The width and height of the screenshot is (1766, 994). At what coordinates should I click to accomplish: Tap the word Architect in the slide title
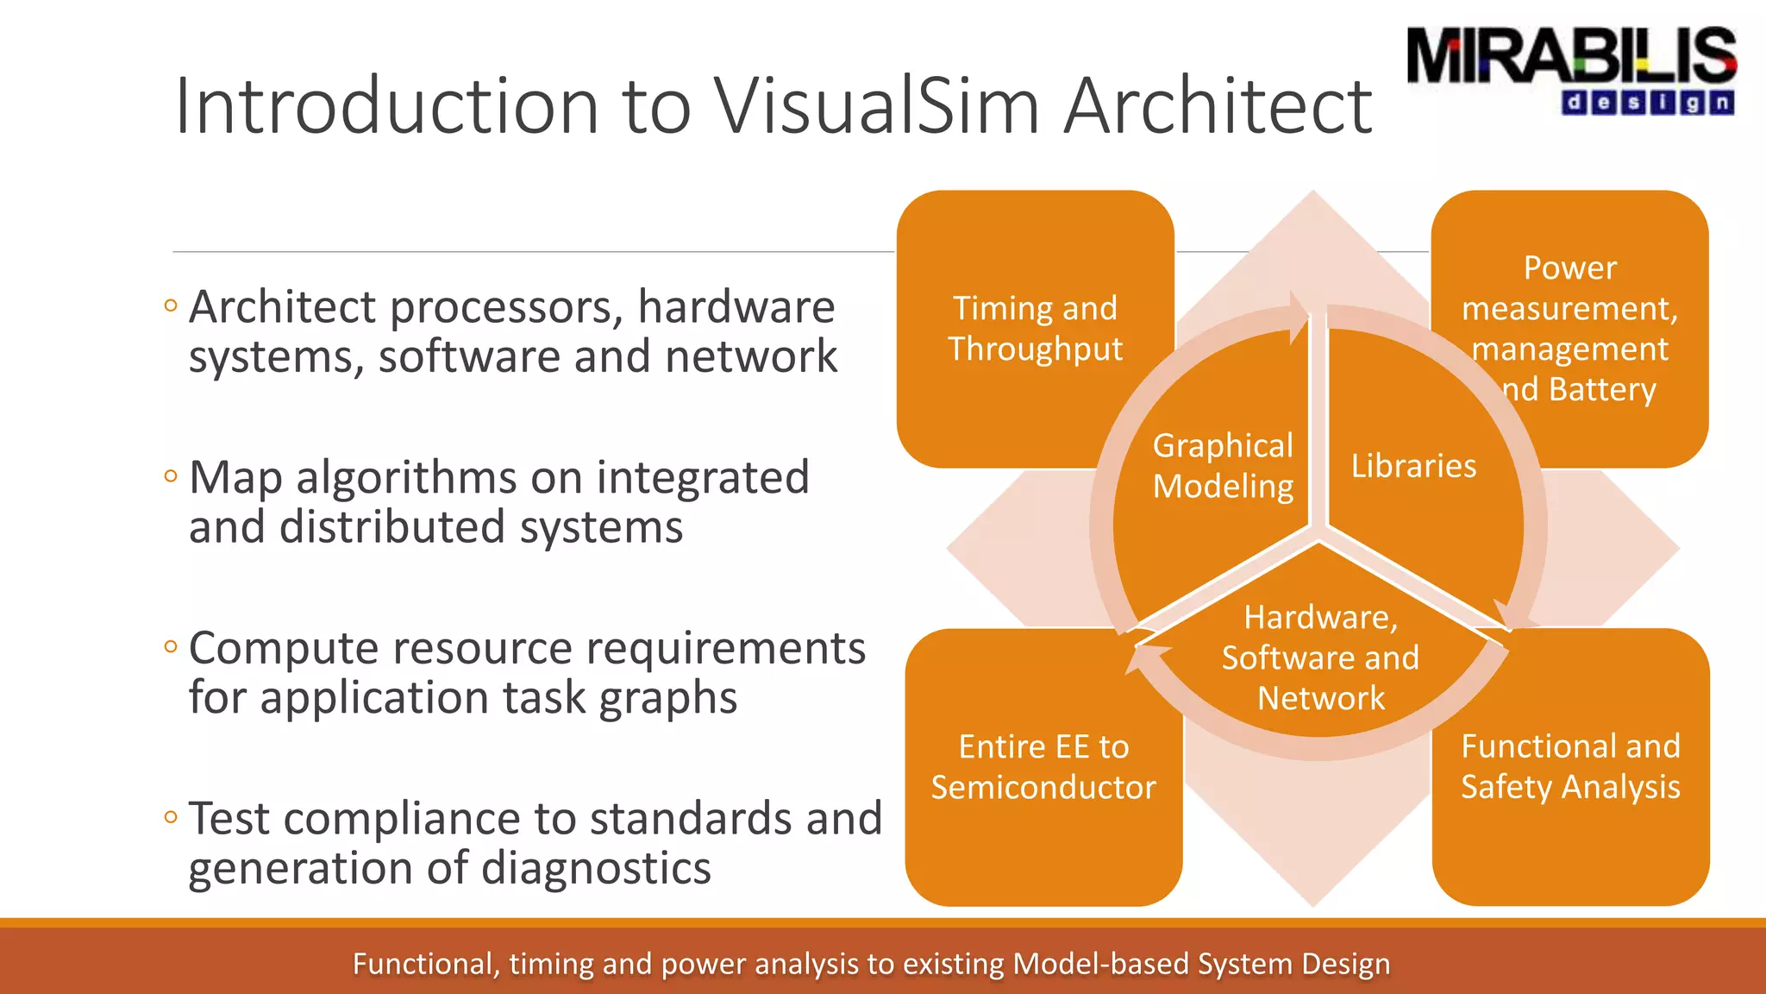1217,106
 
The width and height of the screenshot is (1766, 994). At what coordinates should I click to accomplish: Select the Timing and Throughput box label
1035,329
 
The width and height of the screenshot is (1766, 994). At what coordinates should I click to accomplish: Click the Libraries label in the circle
1413,466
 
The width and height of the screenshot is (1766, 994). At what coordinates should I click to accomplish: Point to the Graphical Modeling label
1223,466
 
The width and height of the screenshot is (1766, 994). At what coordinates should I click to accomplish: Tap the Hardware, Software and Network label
1320,657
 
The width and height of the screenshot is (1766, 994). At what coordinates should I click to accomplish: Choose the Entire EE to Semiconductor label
1043,767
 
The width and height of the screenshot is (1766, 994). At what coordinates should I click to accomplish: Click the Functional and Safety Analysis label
1570,766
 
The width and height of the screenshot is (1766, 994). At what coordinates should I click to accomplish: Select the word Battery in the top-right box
1602,389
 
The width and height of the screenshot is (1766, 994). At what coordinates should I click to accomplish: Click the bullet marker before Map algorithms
171,475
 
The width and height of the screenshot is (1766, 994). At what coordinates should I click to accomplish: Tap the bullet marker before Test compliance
171,816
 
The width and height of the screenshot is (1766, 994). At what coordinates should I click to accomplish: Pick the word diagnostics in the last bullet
596,868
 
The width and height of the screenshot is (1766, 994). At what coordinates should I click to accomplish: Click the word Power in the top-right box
1569,267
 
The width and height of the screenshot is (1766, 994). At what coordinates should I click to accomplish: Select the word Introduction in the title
387,106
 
